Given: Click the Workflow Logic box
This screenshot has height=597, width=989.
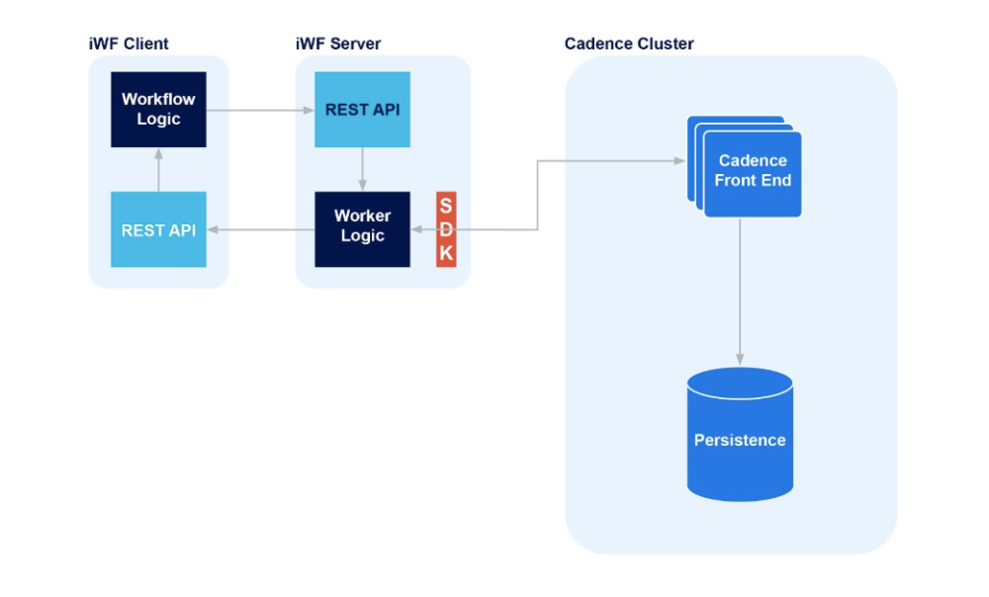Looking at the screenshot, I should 158,110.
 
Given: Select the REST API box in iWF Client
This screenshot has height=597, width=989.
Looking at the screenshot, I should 158,229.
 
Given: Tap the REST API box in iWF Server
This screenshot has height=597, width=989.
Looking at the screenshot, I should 362,110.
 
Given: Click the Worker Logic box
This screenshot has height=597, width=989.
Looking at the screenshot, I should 362,229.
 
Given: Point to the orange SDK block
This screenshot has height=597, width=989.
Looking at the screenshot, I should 446,229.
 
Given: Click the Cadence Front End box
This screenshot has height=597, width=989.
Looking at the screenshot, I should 752,173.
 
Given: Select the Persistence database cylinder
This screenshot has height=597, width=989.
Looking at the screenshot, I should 740,435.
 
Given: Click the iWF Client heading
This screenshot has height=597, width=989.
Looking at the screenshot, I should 129,43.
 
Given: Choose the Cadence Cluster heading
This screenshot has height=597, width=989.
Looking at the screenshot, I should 629,43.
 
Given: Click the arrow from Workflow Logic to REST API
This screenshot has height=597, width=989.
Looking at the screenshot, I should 260,110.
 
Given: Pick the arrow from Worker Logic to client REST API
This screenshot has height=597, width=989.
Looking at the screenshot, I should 260,229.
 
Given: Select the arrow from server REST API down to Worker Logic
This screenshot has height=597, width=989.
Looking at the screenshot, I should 362,169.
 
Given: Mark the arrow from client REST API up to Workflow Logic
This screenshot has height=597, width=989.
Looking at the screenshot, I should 158,169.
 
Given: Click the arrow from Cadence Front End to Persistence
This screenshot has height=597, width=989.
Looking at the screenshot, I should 740,292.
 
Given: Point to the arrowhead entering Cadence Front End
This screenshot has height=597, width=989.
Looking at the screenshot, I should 679,160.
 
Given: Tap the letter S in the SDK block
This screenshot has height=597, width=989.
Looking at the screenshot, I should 446,206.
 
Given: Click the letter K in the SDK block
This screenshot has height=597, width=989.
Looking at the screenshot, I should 446,254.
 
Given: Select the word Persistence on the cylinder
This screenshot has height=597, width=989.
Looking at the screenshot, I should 740,440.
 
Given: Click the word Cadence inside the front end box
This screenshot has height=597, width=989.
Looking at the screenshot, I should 753,160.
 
